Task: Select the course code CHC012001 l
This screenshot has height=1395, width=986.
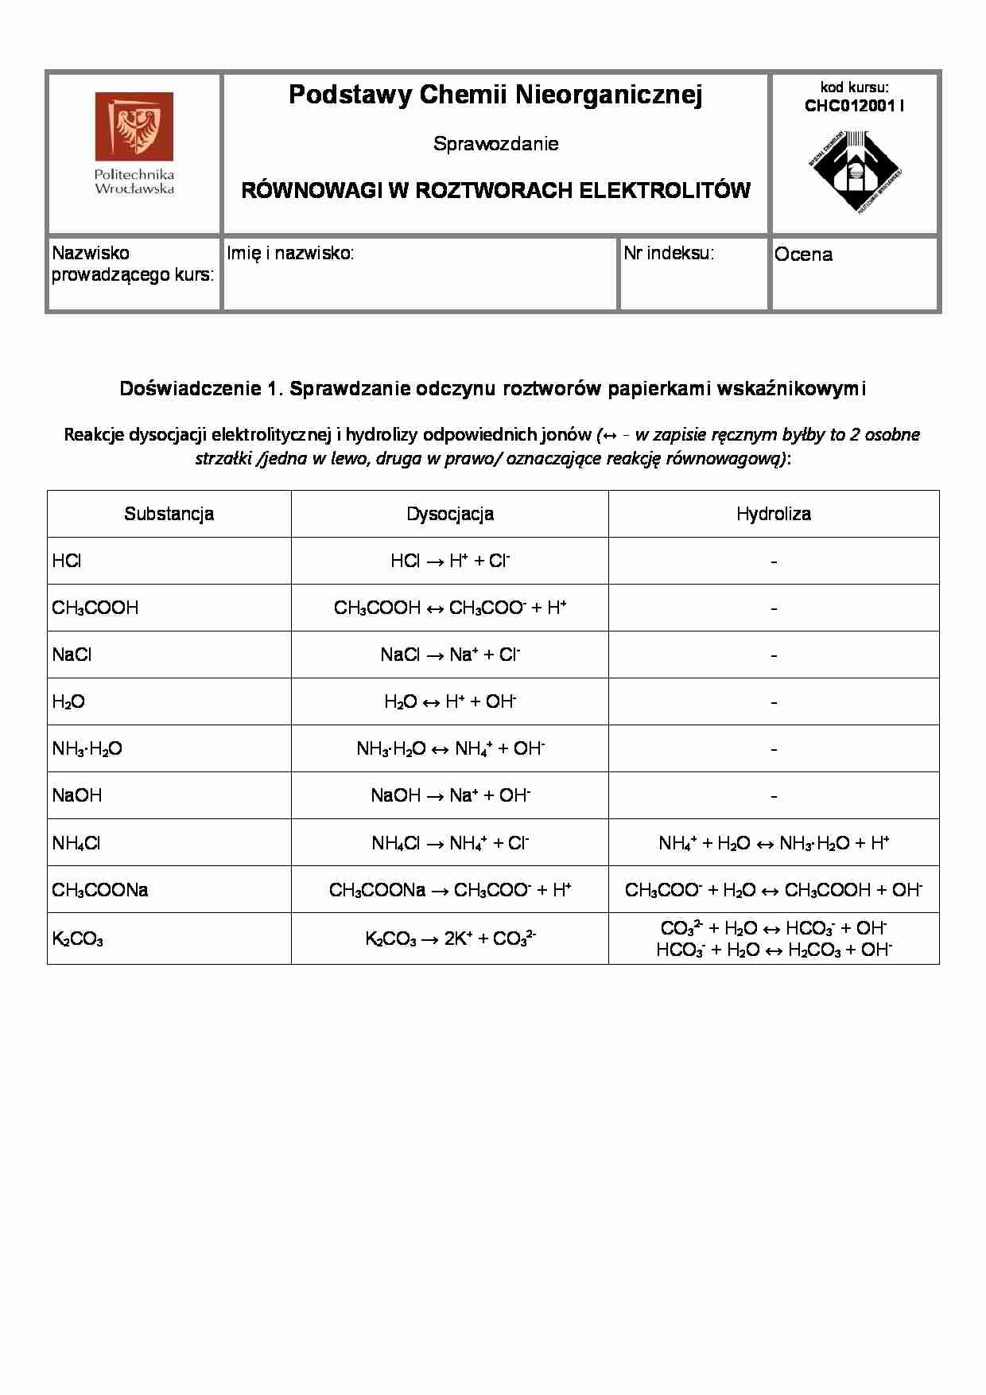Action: click(x=854, y=106)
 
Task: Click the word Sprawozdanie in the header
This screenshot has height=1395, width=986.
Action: click(x=495, y=144)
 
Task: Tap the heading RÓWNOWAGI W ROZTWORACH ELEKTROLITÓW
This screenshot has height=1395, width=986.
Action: click(x=495, y=191)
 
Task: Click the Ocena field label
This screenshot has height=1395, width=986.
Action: click(x=803, y=255)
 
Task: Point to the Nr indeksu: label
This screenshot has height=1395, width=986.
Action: click(x=669, y=254)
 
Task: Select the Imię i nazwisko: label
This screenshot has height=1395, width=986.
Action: click(x=290, y=254)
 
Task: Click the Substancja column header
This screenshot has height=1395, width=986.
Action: click(x=169, y=514)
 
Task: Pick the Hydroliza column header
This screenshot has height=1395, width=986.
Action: click(x=773, y=514)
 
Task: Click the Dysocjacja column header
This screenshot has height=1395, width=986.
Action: click(x=450, y=514)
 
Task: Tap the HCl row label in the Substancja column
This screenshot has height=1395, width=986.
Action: click(x=67, y=561)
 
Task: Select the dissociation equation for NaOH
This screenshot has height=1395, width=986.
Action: click(x=450, y=795)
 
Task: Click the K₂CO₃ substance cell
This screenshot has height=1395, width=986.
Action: click(x=78, y=939)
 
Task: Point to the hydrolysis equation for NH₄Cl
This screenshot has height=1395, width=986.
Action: click(x=773, y=843)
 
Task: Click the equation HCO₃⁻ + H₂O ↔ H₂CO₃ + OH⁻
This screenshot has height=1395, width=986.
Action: click(x=773, y=950)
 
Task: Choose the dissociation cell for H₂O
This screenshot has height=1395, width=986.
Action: click(x=450, y=701)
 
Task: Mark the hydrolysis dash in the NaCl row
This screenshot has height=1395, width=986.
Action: click(x=773, y=655)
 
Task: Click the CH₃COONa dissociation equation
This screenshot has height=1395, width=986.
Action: click(x=450, y=890)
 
